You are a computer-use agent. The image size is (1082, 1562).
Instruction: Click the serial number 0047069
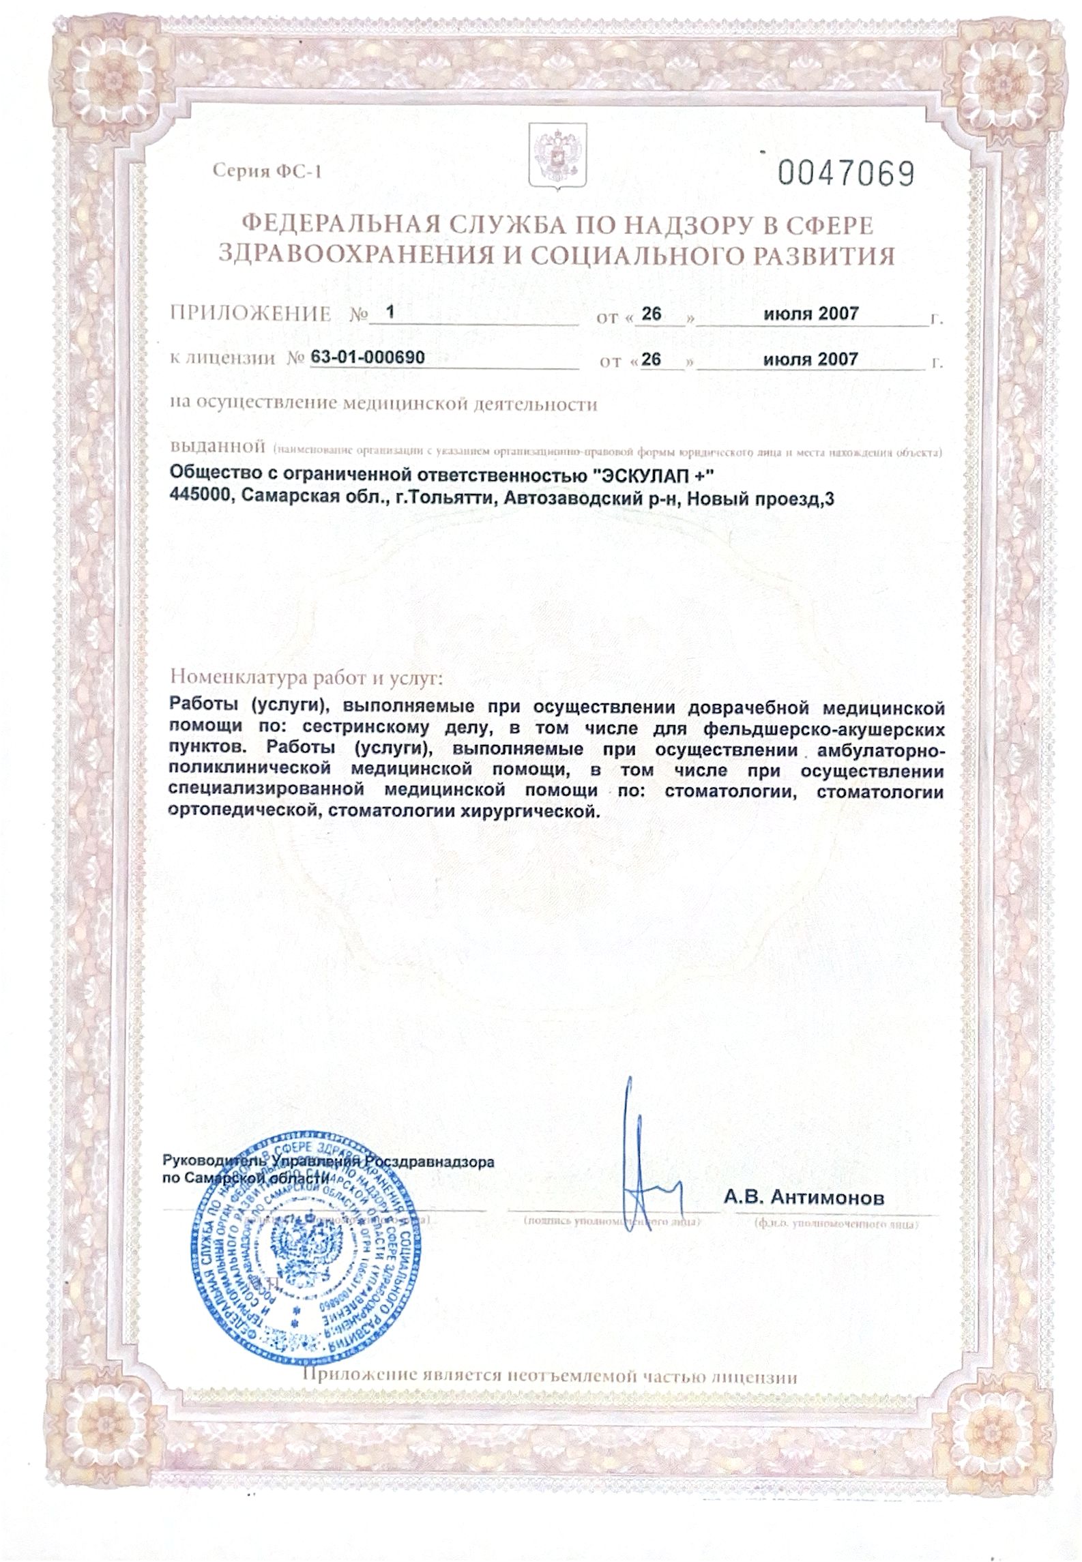click(x=846, y=173)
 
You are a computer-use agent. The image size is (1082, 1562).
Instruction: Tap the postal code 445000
click(x=197, y=500)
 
